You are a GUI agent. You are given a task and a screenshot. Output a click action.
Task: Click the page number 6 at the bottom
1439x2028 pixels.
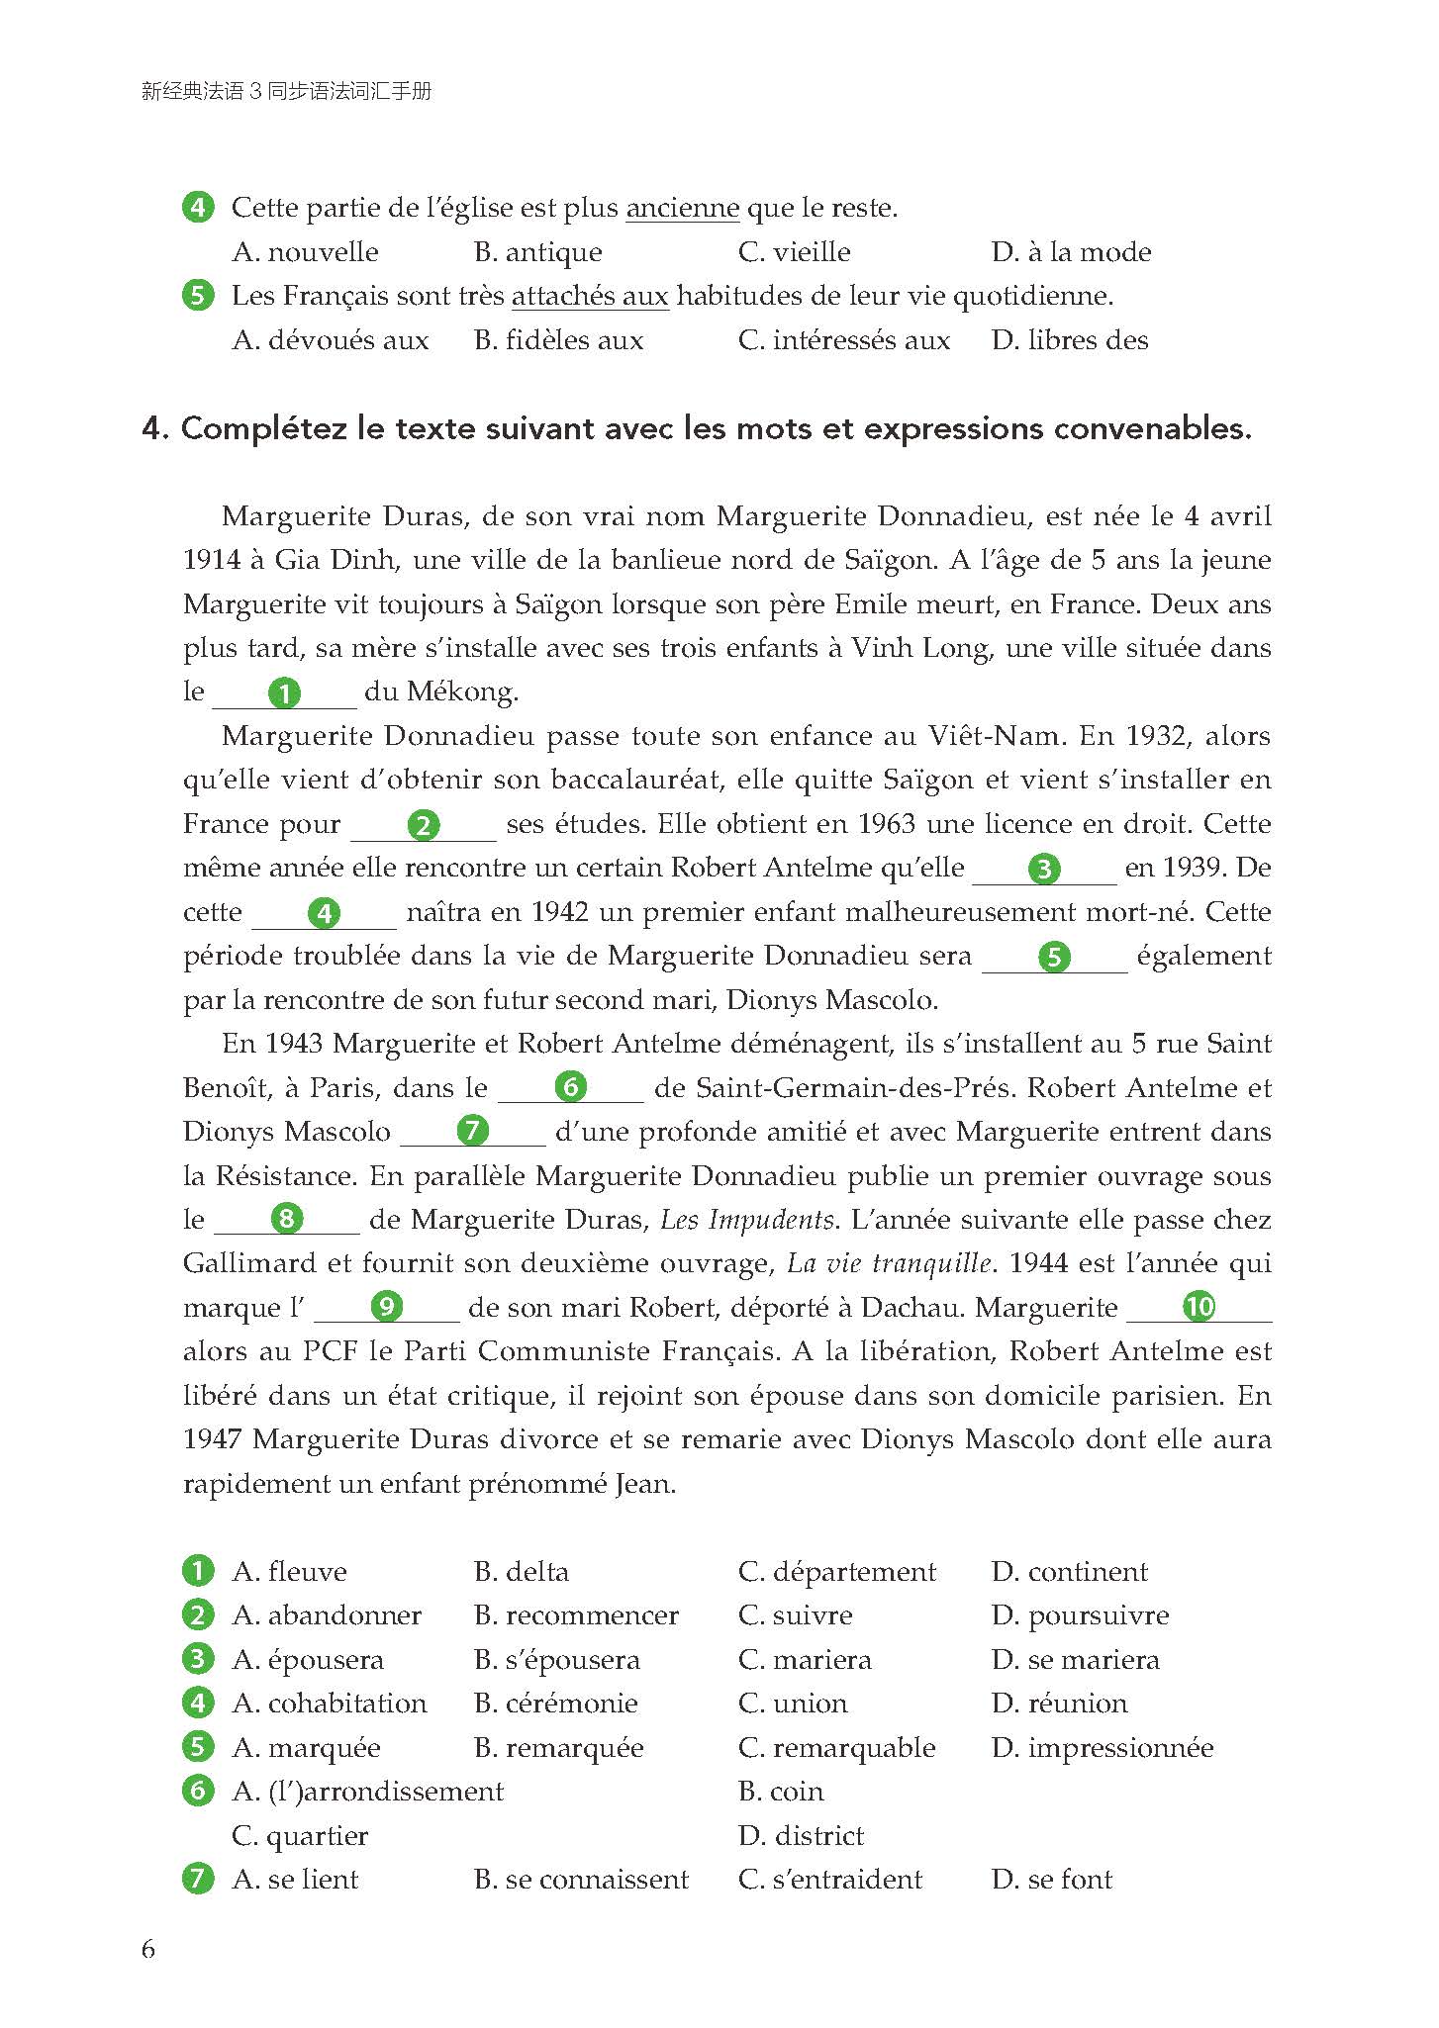tap(148, 1949)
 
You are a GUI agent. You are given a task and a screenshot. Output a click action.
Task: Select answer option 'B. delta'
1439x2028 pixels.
tap(522, 1572)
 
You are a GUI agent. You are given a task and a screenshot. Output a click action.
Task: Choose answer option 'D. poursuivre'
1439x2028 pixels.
tap(1080, 1616)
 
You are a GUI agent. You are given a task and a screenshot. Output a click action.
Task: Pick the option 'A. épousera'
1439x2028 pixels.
tap(308, 1660)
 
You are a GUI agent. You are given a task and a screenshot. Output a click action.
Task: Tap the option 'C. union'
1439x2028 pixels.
tap(793, 1704)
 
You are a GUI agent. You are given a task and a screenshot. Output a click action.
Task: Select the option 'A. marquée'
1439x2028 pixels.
tap(306, 1748)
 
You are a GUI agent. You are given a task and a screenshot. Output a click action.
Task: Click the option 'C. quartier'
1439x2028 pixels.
tap(300, 1836)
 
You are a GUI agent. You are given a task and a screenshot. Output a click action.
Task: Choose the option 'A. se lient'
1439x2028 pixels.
tap(295, 1880)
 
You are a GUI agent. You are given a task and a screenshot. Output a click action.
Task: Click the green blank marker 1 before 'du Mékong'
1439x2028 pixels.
tap(284, 692)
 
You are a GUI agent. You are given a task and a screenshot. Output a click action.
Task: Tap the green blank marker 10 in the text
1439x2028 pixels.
tap(1199, 1307)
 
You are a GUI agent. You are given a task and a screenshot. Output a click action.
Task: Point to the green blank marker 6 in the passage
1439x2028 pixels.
tap(570, 1087)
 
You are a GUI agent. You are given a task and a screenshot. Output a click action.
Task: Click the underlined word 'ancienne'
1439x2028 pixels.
tap(683, 209)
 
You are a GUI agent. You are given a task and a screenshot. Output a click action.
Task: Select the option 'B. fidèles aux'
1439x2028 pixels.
tap(558, 341)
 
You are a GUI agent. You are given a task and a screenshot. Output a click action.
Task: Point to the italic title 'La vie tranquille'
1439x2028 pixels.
tap(889, 1263)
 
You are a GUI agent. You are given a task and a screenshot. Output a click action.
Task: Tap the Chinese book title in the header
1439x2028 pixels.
tap(287, 92)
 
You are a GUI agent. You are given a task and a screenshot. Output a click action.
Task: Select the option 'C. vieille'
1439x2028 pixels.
tap(794, 252)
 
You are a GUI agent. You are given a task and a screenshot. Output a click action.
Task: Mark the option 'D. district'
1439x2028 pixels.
tap(801, 1836)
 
